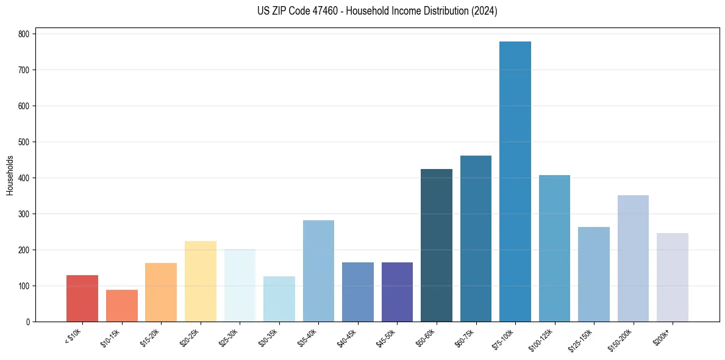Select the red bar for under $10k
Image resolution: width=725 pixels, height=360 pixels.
pos(82,298)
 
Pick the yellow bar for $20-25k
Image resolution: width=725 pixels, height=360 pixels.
pos(200,281)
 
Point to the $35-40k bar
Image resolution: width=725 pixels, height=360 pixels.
pos(318,271)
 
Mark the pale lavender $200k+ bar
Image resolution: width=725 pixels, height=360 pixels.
pos(673,277)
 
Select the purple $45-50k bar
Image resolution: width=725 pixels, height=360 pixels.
pos(397,292)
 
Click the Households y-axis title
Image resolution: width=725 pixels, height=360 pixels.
pos(10,175)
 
